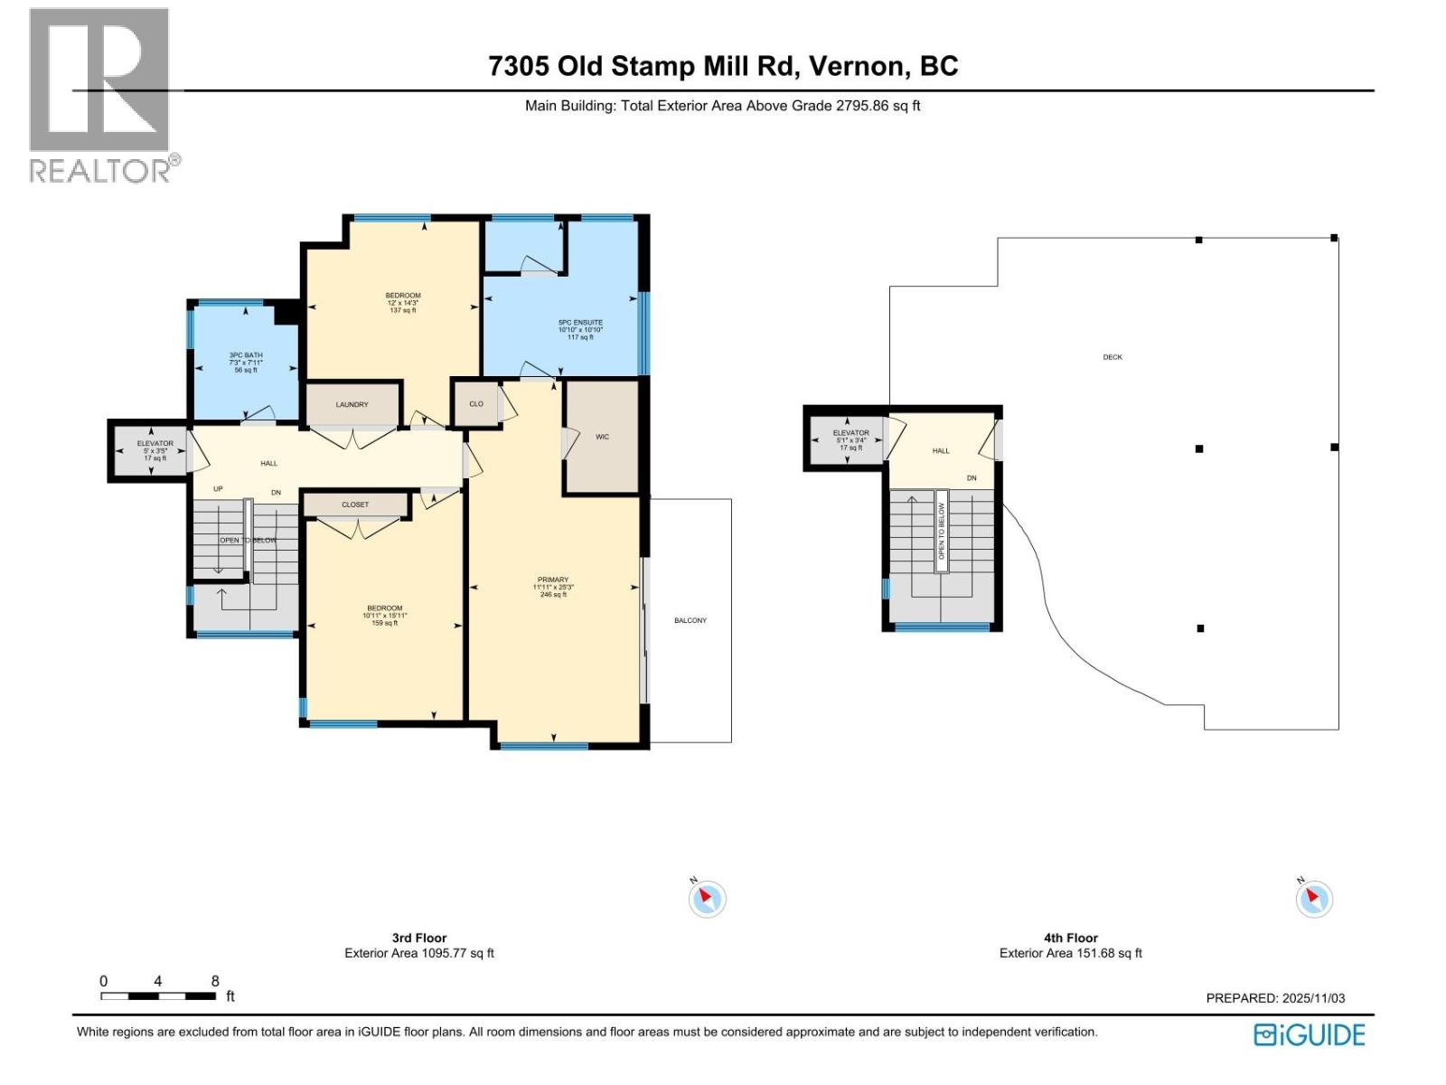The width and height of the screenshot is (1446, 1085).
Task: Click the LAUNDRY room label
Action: [352, 404]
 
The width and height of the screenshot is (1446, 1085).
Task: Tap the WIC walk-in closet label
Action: [602, 437]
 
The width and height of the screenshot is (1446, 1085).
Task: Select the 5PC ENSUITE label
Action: [580, 323]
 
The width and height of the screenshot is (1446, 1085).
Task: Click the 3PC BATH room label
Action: [246, 355]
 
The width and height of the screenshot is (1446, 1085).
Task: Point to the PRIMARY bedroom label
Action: [553, 580]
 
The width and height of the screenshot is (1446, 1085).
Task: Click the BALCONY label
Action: [690, 620]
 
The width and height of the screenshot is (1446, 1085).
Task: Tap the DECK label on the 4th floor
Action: [1113, 357]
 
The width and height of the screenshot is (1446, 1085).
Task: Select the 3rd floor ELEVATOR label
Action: [155, 444]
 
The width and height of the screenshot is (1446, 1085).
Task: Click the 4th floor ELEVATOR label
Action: [850, 433]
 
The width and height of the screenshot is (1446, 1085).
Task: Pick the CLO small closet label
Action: [476, 404]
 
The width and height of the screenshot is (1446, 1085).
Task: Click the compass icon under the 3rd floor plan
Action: [707, 899]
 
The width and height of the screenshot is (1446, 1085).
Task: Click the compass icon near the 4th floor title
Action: [1313, 899]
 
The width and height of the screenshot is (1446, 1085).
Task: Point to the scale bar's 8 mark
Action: [215, 981]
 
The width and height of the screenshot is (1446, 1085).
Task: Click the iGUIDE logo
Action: [1310, 1034]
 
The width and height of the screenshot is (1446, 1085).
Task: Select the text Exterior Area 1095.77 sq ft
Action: [419, 953]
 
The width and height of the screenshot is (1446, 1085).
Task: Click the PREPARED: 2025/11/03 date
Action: [1275, 998]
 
